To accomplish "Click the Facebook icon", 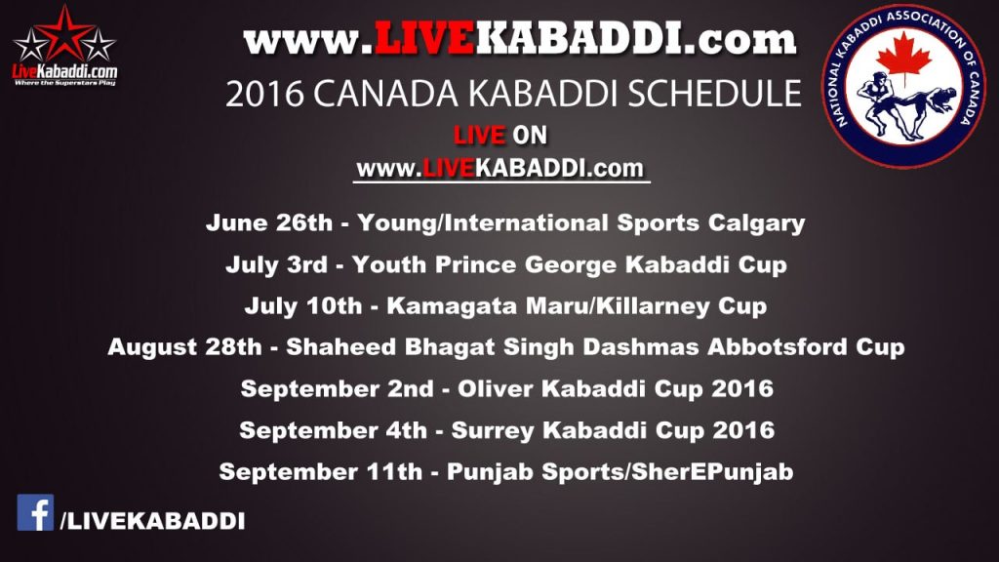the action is [x=35, y=512].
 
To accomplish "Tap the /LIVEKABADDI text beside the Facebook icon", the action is [x=152, y=521].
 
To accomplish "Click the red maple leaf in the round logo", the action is [x=903, y=56].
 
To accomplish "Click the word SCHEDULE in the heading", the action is [x=715, y=94].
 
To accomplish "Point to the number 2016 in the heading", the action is [x=264, y=95].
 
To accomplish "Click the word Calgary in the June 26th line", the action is [x=756, y=223].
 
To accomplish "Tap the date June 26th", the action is [x=269, y=223].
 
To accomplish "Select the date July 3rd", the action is [x=276, y=264].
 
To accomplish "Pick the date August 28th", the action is [x=184, y=347].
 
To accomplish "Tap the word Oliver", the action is [x=495, y=388].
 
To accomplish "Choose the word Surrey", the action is [x=493, y=430].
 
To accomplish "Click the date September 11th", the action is [x=320, y=472].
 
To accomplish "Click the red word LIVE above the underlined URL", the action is [x=479, y=135].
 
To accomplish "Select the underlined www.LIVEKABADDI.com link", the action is [x=500, y=169].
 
